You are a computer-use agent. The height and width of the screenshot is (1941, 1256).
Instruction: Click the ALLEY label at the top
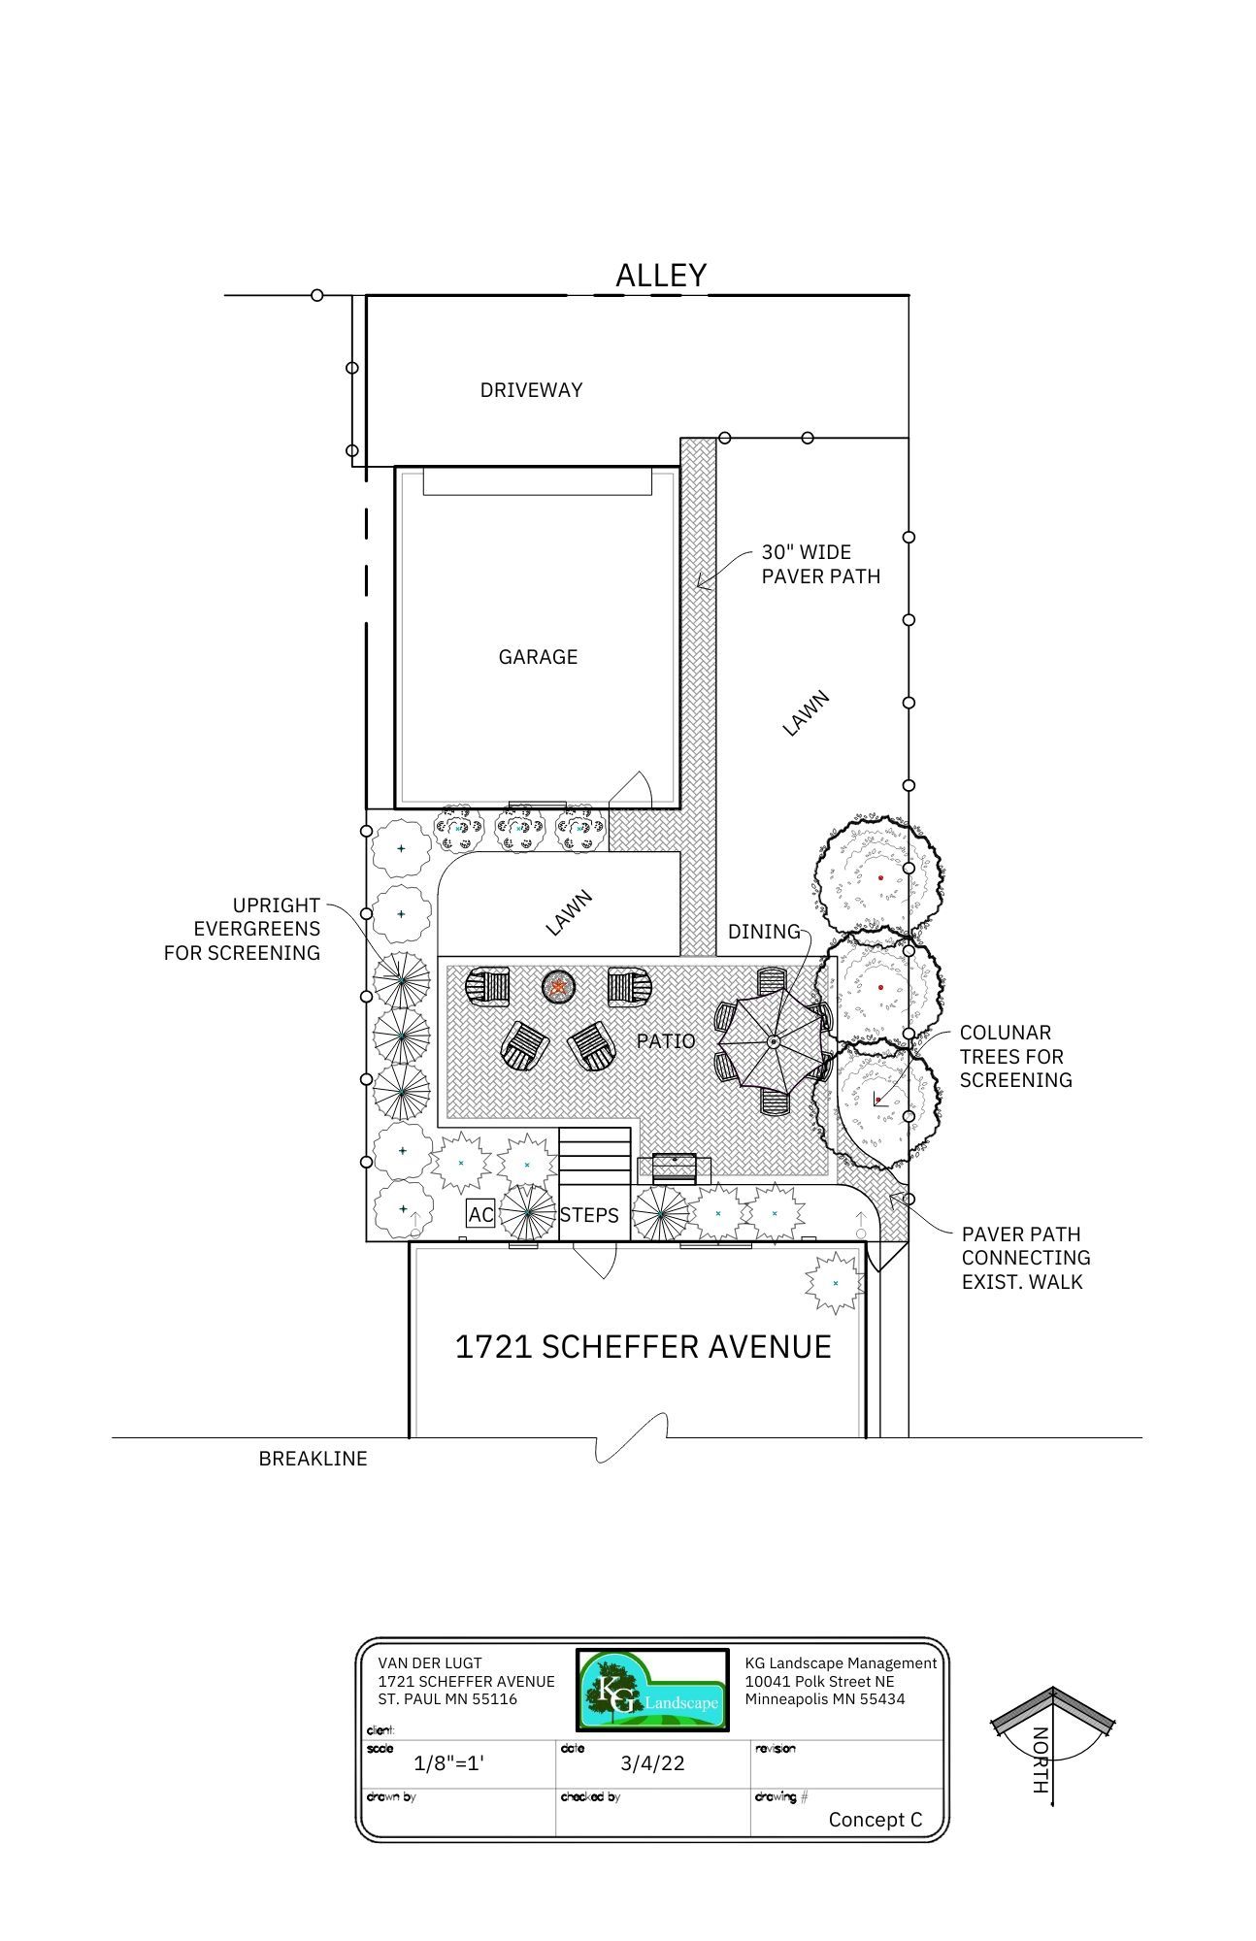click(x=661, y=276)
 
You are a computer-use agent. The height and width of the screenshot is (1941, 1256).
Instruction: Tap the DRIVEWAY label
click(x=531, y=390)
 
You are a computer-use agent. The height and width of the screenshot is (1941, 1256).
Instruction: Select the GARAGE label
click(x=538, y=657)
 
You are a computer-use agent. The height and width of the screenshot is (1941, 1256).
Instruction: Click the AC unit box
click(x=480, y=1214)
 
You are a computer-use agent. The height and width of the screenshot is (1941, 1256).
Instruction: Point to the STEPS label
click(x=589, y=1215)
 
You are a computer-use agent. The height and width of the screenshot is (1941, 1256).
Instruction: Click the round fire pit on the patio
click(x=559, y=987)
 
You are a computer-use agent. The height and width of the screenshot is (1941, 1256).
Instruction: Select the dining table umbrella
click(x=774, y=1041)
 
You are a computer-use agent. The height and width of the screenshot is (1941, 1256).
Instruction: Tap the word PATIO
click(x=666, y=1041)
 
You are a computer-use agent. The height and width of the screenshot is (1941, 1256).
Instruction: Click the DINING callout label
click(x=764, y=932)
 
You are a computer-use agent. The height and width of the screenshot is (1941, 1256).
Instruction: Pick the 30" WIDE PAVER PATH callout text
click(x=820, y=564)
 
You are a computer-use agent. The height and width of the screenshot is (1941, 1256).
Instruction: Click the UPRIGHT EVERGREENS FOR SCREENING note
click(x=242, y=930)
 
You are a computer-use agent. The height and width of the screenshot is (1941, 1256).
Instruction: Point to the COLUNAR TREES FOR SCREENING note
click(x=1015, y=1056)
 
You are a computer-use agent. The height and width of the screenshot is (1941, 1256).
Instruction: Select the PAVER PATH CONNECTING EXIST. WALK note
click(x=1026, y=1258)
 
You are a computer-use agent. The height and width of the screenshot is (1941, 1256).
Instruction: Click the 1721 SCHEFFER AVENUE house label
click(x=644, y=1347)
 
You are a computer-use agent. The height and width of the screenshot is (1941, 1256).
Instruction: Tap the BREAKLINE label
click(x=313, y=1459)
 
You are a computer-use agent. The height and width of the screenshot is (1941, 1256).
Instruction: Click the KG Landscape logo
click(x=652, y=1690)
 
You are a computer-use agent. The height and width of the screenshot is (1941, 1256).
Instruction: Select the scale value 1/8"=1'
click(x=448, y=1763)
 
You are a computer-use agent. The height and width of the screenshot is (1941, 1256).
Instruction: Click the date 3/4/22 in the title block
click(x=652, y=1763)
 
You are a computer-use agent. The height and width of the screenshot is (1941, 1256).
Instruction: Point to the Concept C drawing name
click(x=876, y=1820)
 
